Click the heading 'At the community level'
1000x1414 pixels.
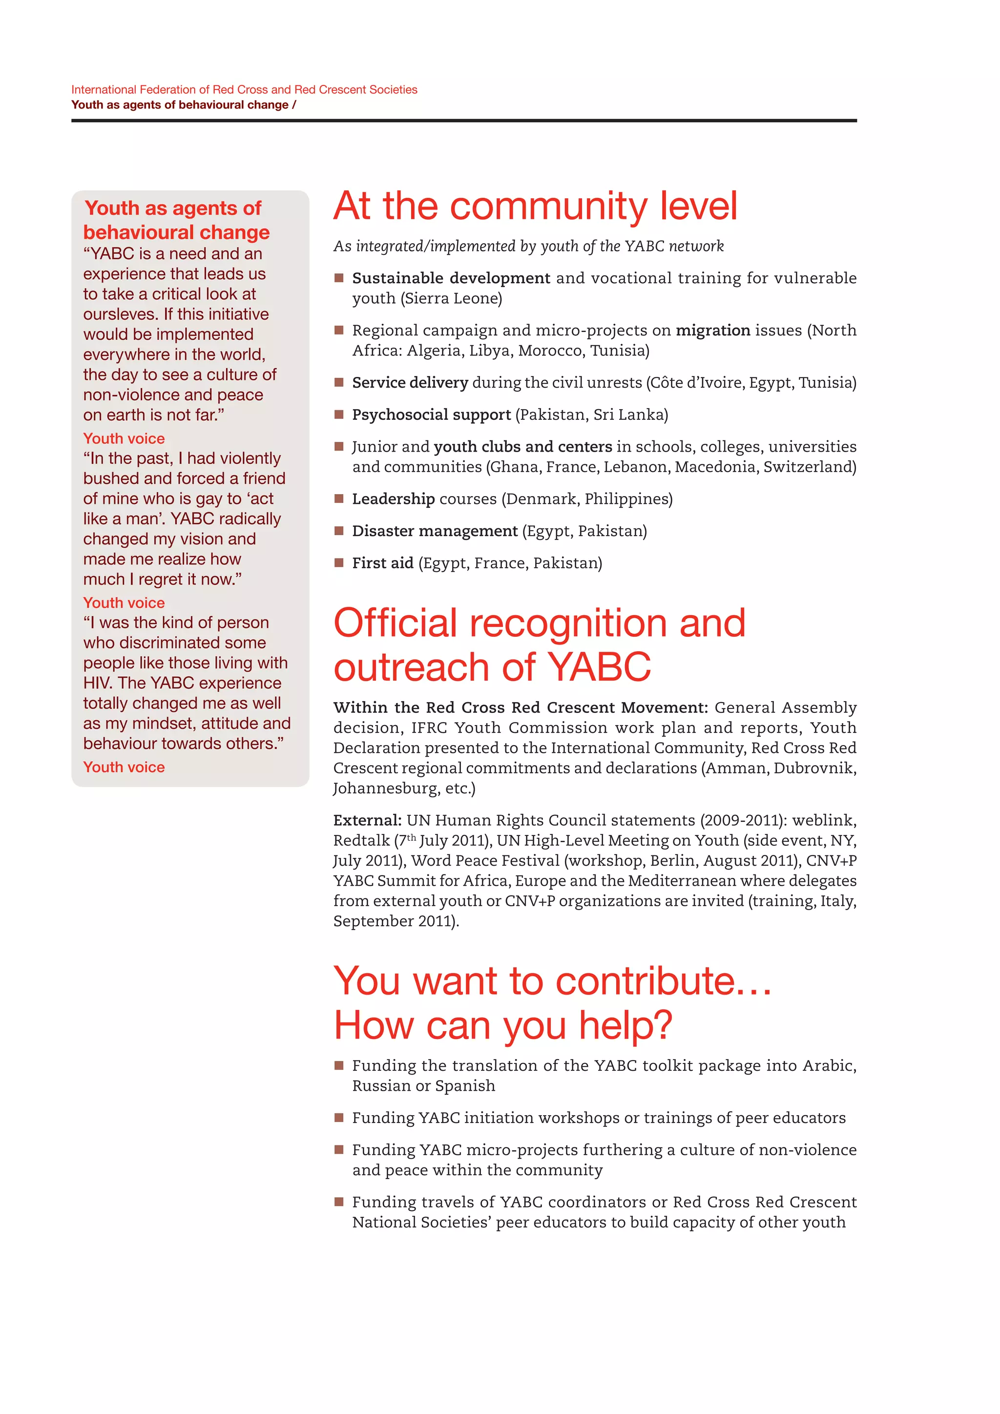tap(535, 207)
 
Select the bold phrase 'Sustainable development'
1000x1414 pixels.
tap(451, 278)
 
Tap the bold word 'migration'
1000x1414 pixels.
tap(712, 331)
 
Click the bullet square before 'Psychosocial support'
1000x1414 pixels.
tap(339, 415)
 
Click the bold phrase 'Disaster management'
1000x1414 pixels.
tap(435, 531)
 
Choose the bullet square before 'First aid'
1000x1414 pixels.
tap(339, 562)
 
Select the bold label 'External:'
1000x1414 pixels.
tap(367, 820)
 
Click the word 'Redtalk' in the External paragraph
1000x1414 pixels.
tap(361, 841)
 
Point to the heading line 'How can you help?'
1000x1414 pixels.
tap(502, 1026)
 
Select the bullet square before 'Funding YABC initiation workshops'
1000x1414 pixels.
tap(339, 1117)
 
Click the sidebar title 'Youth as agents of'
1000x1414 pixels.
tap(173, 208)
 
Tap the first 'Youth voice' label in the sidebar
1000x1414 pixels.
tap(124, 438)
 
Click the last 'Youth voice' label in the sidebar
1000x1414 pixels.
tap(124, 768)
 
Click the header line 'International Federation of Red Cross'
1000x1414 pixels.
tap(244, 90)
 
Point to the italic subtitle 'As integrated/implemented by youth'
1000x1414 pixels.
tap(528, 247)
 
